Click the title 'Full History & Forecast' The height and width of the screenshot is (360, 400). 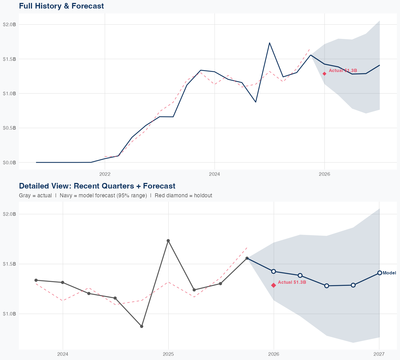coord(61,6)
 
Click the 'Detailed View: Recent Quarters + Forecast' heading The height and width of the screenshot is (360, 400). coord(97,186)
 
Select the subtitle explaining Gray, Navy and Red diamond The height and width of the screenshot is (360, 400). coord(115,195)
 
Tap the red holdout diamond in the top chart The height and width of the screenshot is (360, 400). coord(324,74)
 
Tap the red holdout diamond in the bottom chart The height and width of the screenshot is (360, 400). coord(273,285)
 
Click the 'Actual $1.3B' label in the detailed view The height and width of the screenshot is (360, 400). coord(292,282)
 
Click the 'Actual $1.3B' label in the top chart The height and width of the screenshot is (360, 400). coord(343,70)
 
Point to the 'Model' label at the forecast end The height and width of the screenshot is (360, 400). coord(389,273)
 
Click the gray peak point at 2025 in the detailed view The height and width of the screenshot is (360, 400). coord(168,241)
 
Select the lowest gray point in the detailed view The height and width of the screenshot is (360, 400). coord(142,326)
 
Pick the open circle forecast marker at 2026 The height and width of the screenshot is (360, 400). coord(273,271)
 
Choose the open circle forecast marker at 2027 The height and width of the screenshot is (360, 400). coord(379,273)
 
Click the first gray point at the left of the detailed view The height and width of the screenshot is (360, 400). coord(36,280)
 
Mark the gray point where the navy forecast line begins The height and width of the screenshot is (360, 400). coord(247,258)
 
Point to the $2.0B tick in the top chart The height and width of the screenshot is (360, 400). coord(9,25)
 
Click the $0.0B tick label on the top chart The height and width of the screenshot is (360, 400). coord(9,162)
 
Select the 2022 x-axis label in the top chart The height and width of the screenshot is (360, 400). coord(105,174)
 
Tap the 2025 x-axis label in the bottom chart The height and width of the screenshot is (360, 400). coord(168,354)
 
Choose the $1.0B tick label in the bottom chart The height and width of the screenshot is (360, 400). coord(9,314)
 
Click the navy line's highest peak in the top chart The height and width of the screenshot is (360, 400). coord(270,43)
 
